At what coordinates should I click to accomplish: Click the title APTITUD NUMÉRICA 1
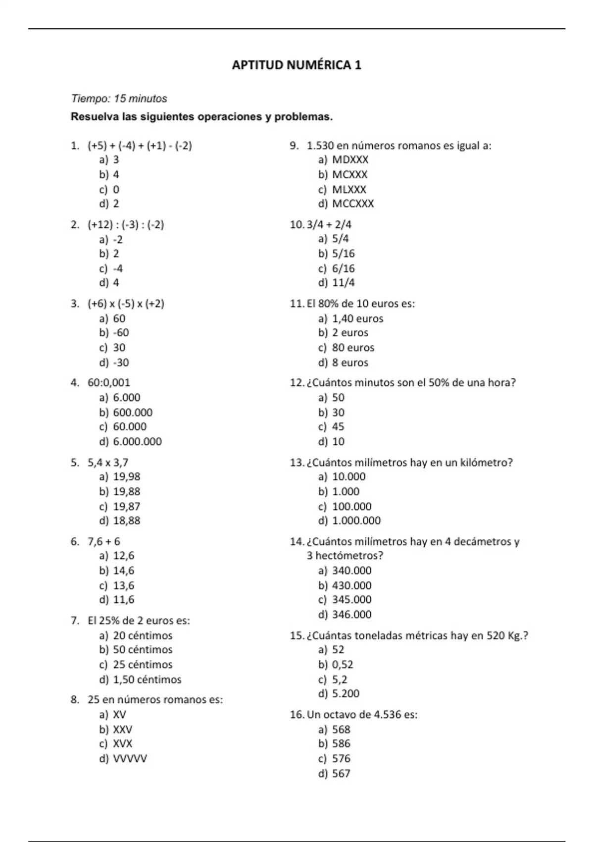pos(297,65)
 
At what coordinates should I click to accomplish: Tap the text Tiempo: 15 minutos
pos(119,99)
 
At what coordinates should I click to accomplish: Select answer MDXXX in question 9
pos(350,160)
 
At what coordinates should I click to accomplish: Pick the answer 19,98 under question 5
pos(127,477)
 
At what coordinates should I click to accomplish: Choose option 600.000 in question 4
pos(133,413)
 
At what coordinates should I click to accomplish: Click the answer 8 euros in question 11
pos(350,363)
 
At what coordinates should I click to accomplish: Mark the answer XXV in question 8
pos(123,730)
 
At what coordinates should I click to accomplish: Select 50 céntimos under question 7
pos(143,650)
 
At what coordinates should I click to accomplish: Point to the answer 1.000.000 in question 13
pos(356,521)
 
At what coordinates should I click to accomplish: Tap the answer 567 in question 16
pos(341,774)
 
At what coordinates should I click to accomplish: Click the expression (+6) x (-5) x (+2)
pos(126,304)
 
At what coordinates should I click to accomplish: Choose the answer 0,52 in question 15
pos(343,665)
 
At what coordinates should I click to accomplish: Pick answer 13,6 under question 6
pos(124,585)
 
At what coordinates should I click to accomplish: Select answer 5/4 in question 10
pos(341,239)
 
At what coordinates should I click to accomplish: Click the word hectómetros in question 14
pos(349,556)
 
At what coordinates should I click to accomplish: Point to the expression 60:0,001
pos(109,383)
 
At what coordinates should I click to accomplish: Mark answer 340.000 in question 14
pos(352,571)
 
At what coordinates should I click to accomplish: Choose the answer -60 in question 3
pos(121,333)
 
